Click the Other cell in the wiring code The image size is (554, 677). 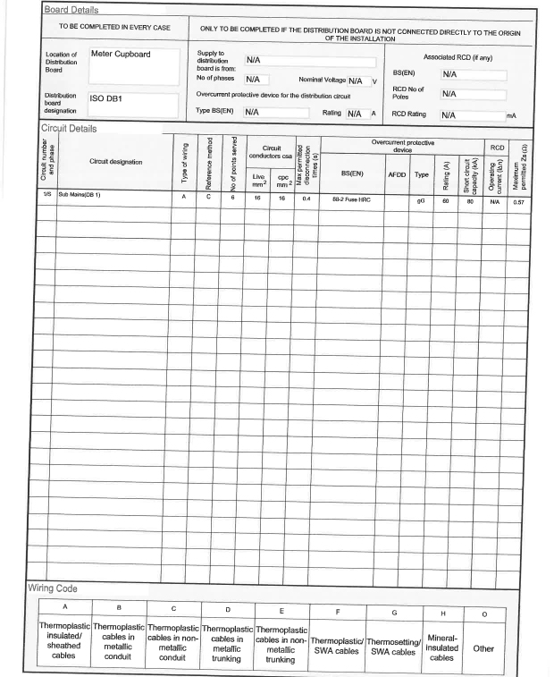click(x=483, y=648)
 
